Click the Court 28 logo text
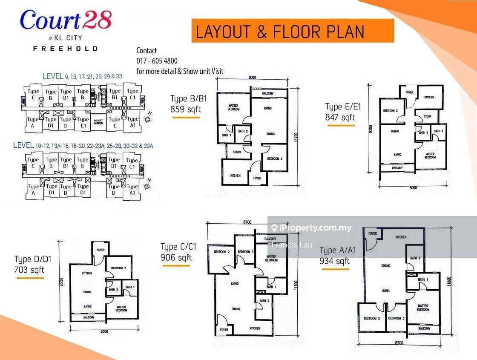click(x=66, y=20)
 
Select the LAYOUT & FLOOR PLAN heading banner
click(x=280, y=32)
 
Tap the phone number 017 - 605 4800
click(x=157, y=61)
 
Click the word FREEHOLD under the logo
click(x=65, y=49)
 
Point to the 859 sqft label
click(x=186, y=109)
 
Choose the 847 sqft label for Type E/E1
click(x=340, y=118)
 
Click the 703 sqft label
click(x=29, y=270)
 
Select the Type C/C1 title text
click(x=176, y=247)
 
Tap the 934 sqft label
click(x=334, y=261)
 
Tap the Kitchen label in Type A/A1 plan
click(x=401, y=237)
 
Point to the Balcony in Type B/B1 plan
click(x=268, y=93)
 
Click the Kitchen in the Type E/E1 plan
click(x=429, y=98)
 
